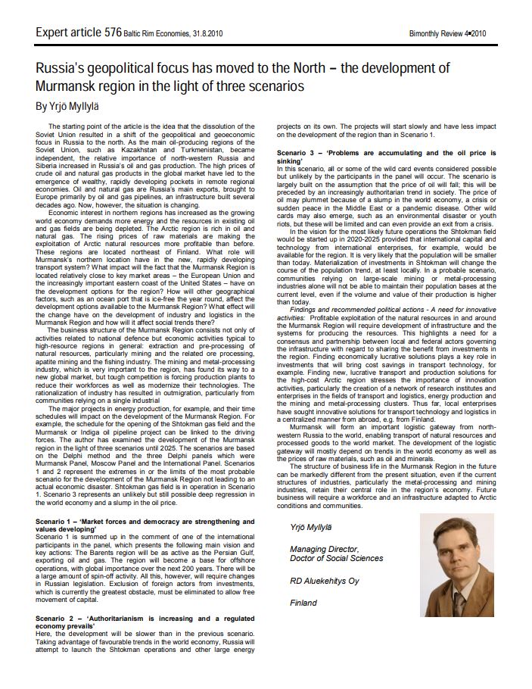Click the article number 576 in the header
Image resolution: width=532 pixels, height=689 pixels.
pyautogui.click(x=112, y=32)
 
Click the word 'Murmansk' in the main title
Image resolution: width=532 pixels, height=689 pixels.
pyautogui.click(x=67, y=86)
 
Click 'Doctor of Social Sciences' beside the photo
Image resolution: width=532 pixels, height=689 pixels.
pyautogui.click(x=336, y=558)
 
